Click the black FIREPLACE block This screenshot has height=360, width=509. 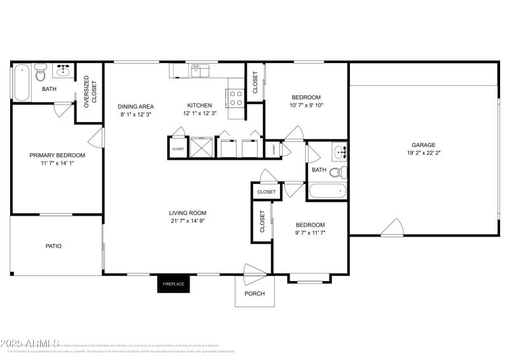[174, 284]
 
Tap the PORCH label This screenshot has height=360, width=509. [254, 293]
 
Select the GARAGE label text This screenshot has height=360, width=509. [422, 145]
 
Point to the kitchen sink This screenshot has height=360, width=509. [199, 70]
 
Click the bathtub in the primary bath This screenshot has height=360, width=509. [21, 82]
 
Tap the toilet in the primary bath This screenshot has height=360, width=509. [41, 74]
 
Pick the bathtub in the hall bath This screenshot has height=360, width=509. [327, 190]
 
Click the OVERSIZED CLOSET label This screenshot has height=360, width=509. [91, 89]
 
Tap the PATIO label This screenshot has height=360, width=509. [53, 246]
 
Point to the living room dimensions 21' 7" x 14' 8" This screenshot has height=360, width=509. [187, 221]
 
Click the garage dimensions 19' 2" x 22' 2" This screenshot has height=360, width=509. [422, 153]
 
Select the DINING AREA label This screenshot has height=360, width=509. [136, 106]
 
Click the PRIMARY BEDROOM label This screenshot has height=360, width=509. [57, 155]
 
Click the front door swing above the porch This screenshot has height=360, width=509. [254, 272]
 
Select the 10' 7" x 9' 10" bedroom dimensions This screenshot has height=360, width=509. [307, 105]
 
